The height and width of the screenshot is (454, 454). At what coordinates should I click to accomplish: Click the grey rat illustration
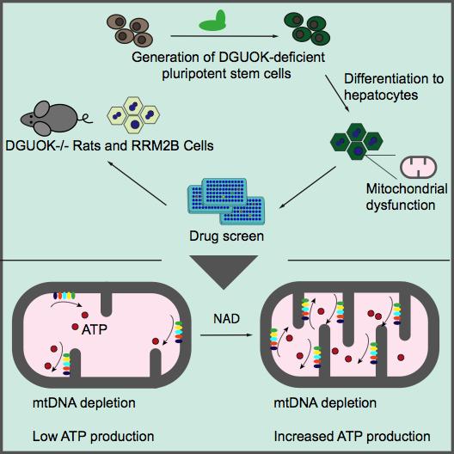coord(53,119)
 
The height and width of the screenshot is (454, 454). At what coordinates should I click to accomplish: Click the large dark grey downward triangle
coord(226,274)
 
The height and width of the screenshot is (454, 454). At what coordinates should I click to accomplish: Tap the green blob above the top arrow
coord(212,20)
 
